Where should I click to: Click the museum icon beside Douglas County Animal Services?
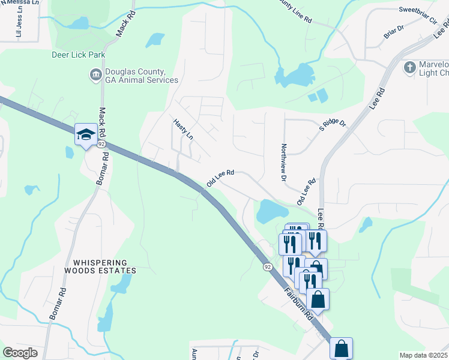(95, 75)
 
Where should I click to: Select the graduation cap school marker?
(85, 134)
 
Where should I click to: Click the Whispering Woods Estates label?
(101, 266)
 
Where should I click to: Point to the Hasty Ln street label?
(183, 129)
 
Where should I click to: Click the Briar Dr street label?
(394, 36)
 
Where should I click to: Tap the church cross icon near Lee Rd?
(410, 67)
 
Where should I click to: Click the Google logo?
(20, 353)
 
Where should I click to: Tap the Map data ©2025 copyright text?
(423, 355)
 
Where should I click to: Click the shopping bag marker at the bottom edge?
(341, 347)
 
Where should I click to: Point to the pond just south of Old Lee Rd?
(272, 211)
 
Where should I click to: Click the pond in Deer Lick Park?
(79, 24)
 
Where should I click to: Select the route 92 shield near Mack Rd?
(101, 145)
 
